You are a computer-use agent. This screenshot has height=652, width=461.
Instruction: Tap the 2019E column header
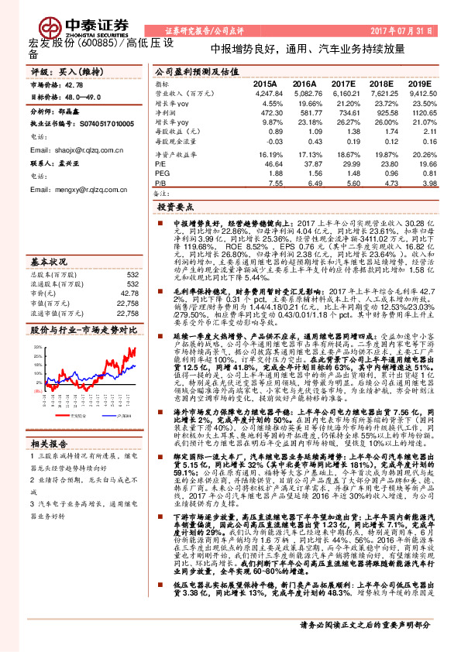pos(418,83)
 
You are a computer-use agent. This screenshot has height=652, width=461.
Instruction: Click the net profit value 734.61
pos(342,112)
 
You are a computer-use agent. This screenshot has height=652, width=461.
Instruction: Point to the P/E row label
pos(160,165)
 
